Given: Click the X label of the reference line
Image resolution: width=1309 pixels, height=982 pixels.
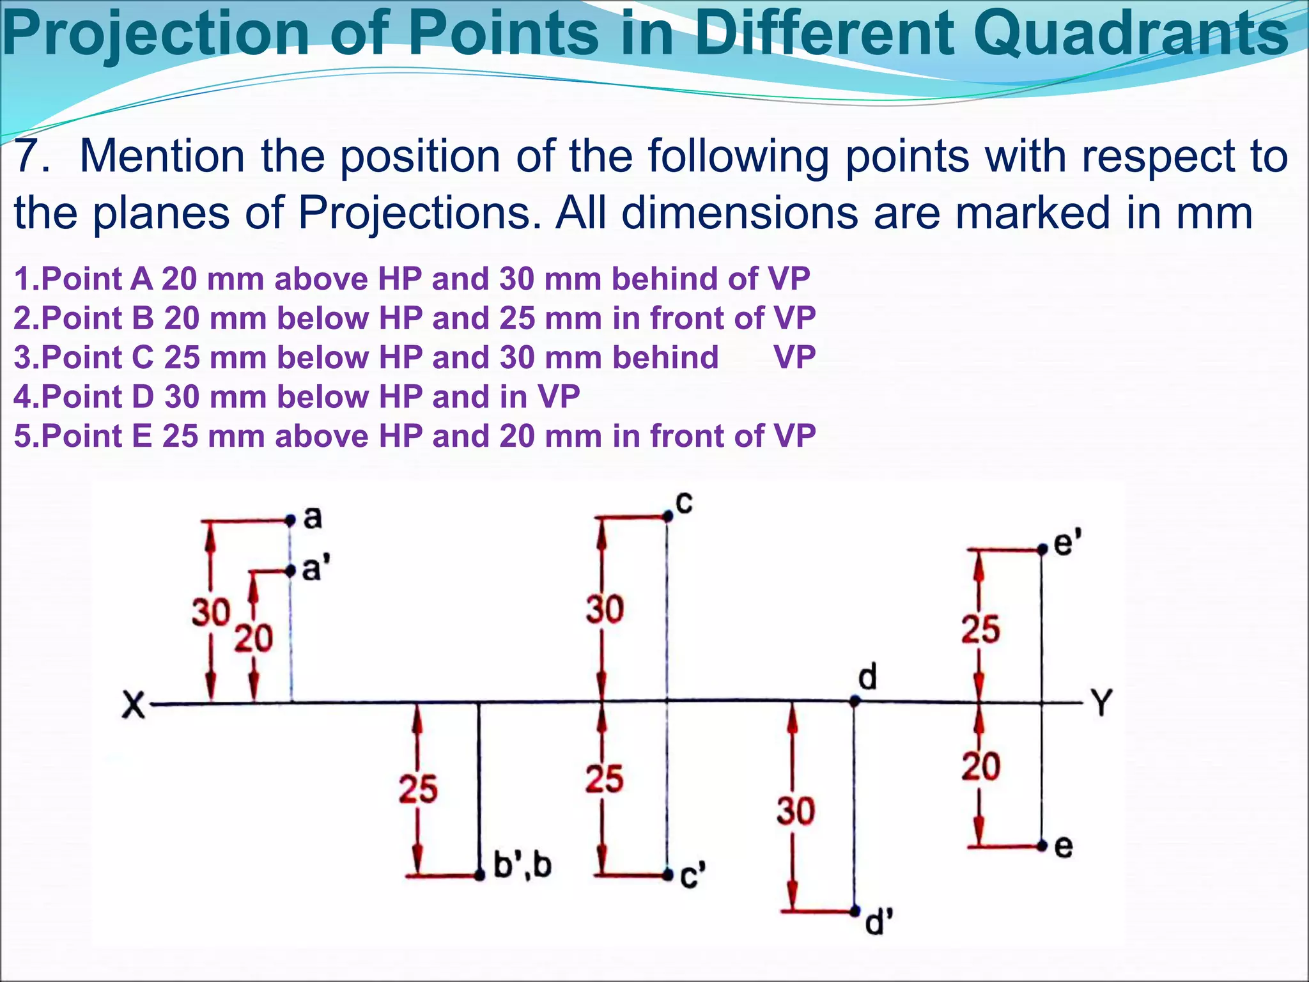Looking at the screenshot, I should click(x=133, y=705).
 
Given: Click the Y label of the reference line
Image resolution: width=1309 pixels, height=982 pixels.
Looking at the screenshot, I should click(x=1103, y=703).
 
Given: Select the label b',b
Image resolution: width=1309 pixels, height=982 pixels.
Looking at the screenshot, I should click(x=522, y=866).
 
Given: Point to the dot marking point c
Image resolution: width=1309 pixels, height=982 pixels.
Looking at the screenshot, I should click(x=668, y=515).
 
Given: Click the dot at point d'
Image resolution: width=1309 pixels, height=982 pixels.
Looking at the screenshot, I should click(x=855, y=910).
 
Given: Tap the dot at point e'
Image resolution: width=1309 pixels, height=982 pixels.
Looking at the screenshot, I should click(x=1042, y=549).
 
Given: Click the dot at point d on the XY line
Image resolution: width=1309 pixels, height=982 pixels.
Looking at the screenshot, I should click(x=855, y=701).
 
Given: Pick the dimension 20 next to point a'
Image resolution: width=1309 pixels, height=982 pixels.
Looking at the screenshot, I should click(x=253, y=639).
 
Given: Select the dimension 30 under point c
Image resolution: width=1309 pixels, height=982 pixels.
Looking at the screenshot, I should click(x=605, y=609).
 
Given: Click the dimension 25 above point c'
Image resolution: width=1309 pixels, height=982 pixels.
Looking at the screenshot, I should click(x=604, y=779).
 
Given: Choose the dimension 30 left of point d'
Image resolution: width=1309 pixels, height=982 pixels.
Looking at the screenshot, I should click(x=796, y=811).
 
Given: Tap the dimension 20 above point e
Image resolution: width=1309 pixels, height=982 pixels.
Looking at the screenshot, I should click(x=980, y=767).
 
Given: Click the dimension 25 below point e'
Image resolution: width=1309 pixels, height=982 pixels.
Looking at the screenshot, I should click(x=980, y=629).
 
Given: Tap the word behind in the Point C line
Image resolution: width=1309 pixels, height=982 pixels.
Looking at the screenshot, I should click(x=665, y=357).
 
